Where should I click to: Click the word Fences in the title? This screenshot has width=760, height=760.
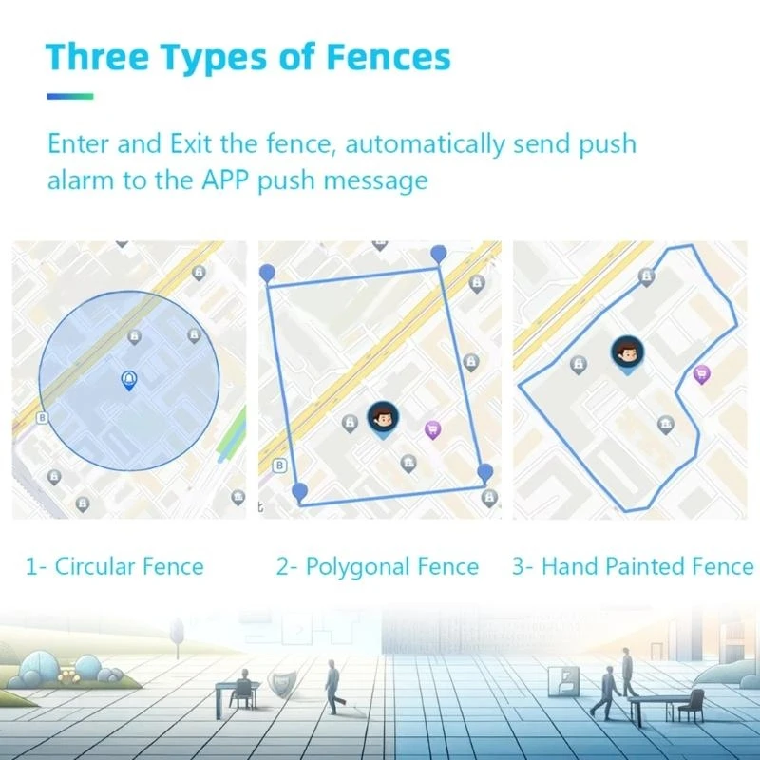(388, 57)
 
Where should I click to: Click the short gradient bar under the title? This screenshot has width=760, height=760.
(70, 97)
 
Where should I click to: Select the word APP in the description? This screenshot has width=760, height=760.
(225, 180)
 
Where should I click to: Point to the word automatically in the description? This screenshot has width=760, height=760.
(425, 144)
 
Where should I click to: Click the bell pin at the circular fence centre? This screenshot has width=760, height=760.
(129, 381)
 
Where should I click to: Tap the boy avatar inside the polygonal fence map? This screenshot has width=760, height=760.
(384, 419)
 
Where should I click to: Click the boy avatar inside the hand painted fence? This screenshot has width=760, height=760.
(628, 353)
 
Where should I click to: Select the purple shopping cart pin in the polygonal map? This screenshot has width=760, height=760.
(432, 430)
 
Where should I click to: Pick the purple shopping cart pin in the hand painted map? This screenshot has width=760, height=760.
(702, 374)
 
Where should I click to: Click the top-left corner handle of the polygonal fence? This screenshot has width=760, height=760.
(267, 273)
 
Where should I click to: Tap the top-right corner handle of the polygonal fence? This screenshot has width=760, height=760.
(439, 253)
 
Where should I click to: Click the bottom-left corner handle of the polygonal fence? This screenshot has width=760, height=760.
(300, 491)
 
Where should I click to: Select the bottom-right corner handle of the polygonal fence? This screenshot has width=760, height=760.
(484, 472)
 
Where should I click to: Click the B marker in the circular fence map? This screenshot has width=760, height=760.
(42, 417)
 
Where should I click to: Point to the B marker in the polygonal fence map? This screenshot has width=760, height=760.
(279, 465)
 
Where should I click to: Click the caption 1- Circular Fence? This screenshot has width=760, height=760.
(114, 566)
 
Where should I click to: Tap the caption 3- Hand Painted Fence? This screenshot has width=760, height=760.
(633, 566)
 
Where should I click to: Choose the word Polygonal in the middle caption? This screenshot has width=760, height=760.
(358, 567)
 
